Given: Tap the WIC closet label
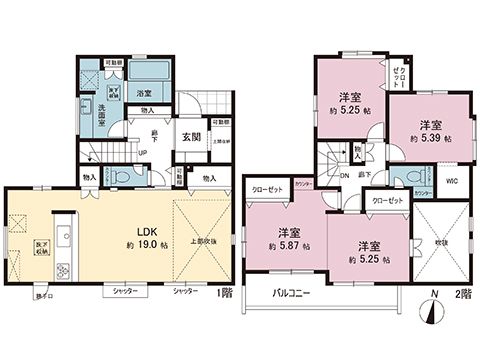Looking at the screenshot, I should [452, 181].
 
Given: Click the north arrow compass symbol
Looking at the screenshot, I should [433, 310].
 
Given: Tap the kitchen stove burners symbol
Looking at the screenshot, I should [61, 270].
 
